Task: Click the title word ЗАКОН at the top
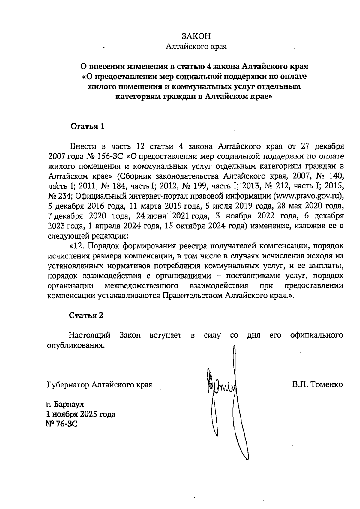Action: pos(196,36)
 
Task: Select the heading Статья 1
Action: pos(87,126)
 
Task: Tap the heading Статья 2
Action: pos(86,315)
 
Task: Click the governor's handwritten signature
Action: pos(222,387)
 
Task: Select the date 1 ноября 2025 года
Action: pos(80,414)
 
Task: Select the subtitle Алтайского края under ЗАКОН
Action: pos(196,47)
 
